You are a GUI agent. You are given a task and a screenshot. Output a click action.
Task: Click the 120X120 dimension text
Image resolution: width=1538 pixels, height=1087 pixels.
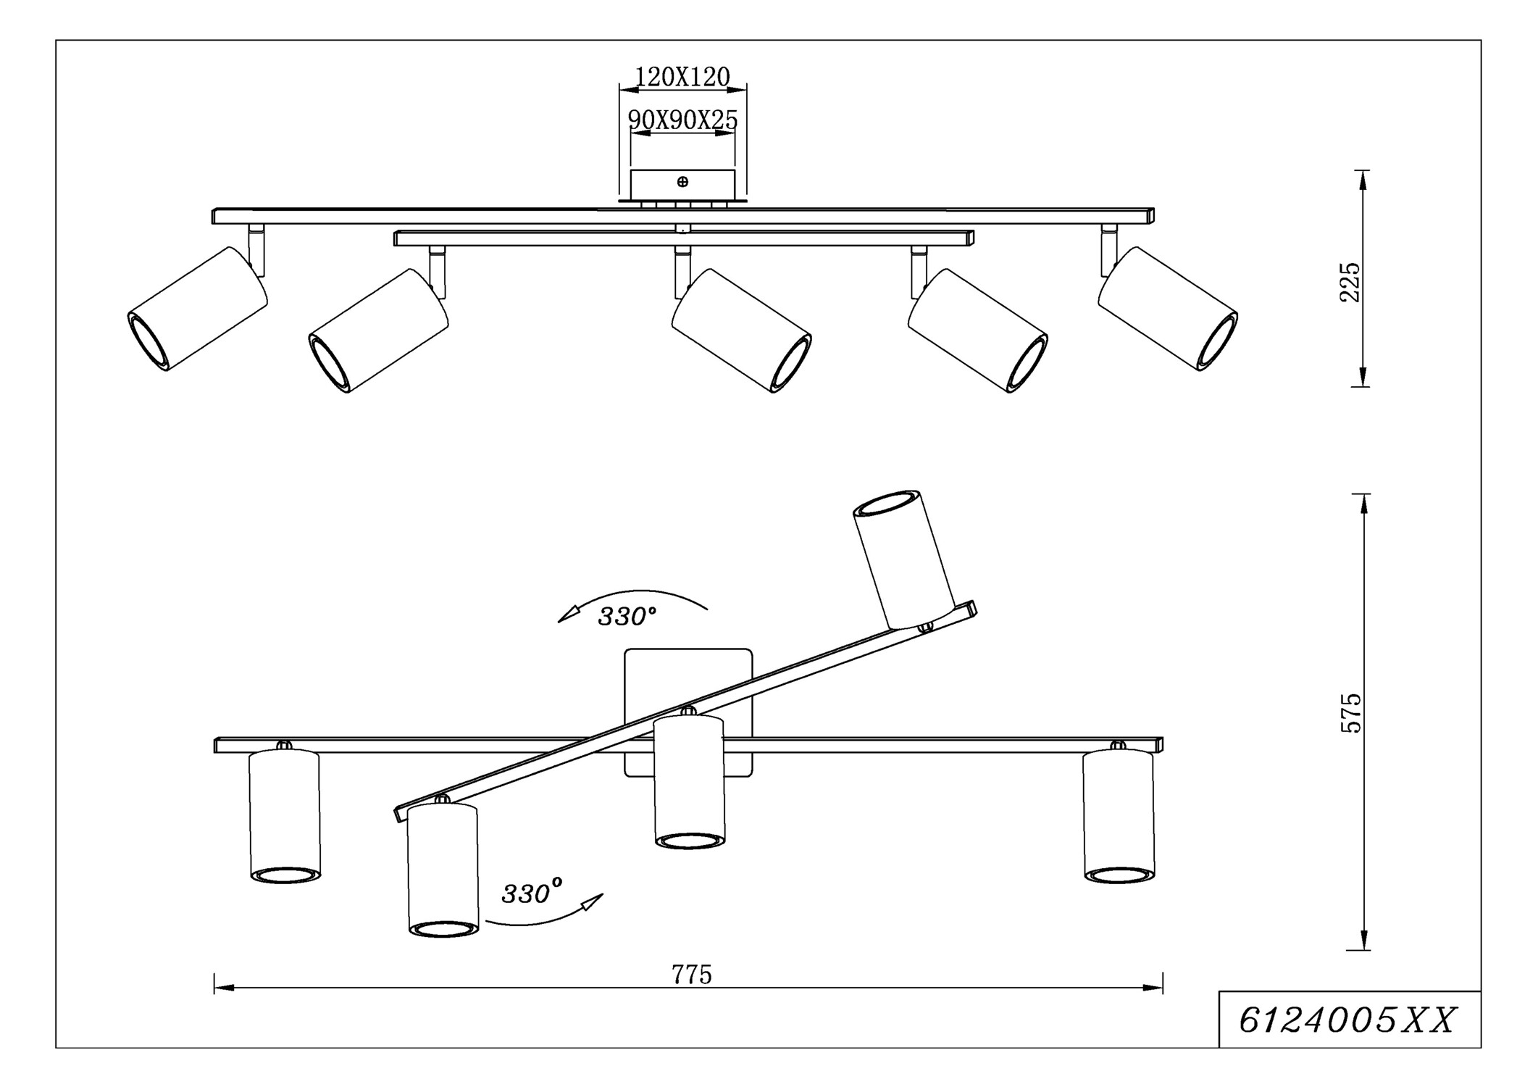coord(682,77)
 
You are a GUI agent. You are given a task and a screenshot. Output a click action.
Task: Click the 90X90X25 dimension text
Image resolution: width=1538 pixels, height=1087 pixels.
coord(682,120)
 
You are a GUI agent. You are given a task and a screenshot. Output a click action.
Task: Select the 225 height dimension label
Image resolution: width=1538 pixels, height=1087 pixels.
coord(1350,282)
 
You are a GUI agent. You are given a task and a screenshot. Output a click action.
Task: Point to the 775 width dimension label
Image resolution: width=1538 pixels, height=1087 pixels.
coord(691,975)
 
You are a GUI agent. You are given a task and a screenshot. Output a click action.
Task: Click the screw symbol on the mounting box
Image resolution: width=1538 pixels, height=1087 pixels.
coord(682,182)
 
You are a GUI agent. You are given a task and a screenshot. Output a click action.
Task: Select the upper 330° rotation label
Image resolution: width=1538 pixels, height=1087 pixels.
coord(627,617)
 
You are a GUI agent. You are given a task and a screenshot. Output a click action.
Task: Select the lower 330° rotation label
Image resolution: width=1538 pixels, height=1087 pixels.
coord(531,894)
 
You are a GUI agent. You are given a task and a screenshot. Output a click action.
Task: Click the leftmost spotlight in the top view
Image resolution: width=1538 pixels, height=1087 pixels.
coord(197,309)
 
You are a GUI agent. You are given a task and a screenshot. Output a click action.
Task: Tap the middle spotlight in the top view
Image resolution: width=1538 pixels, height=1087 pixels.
coord(741,330)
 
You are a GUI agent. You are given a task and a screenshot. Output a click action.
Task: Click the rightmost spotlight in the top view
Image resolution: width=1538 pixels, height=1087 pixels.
coord(1167,309)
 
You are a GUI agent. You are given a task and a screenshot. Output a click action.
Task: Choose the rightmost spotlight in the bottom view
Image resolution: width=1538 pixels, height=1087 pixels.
coord(1118,817)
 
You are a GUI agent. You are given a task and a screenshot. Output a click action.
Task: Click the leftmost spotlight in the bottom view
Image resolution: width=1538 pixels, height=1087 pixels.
coord(284,817)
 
